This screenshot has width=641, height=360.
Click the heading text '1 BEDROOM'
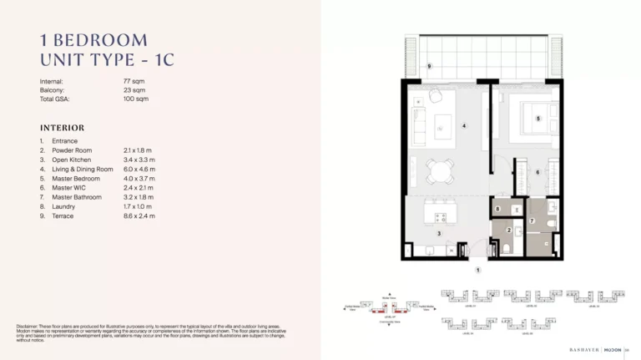93,39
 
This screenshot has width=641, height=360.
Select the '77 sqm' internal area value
134,81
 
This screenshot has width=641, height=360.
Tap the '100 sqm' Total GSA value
135,99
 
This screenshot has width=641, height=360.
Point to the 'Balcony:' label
53,90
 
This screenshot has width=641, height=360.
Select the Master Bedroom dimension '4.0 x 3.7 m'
139,179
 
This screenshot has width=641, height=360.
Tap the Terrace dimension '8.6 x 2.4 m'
139,216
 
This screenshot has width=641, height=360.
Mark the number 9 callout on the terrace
429,66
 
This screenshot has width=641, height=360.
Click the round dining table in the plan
437,170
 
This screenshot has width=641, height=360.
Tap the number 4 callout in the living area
464,126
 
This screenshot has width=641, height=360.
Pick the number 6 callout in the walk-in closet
538,173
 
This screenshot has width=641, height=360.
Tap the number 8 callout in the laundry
498,209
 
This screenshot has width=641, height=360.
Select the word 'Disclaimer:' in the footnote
31,326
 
